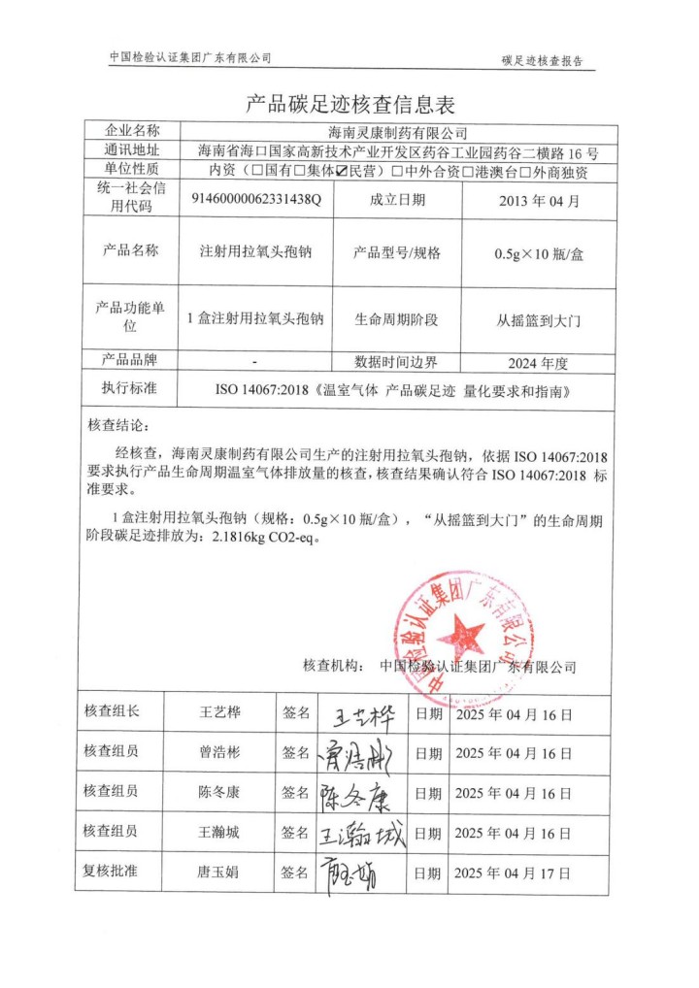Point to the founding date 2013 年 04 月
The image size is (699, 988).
pos(536,201)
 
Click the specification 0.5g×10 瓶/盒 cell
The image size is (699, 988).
pos(536,252)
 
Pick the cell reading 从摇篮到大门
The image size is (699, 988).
pos(537,318)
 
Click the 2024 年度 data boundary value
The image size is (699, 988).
pos(536,363)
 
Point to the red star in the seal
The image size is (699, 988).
pos(461,637)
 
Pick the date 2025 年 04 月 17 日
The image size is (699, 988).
pos(513,873)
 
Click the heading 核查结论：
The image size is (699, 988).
pos(121,426)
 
